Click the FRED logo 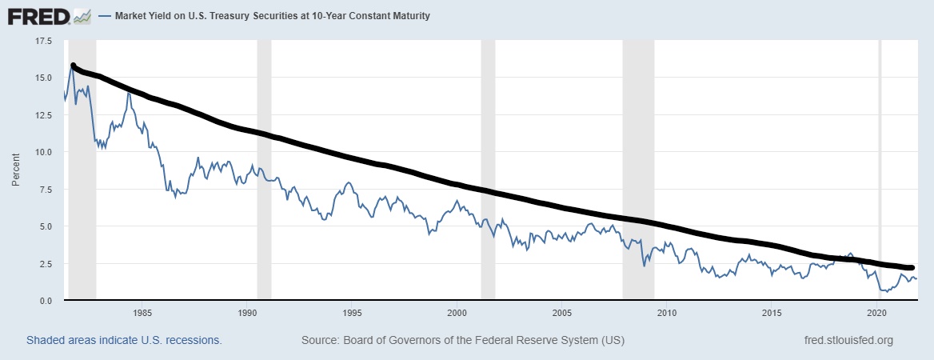pos(49,15)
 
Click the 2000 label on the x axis pos(457,312)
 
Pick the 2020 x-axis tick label pos(877,312)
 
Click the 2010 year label pos(667,312)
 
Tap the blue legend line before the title pos(105,16)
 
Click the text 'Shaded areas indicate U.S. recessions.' pos(123,340)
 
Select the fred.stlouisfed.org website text pos(848,340)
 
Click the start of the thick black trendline pos(74,66)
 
